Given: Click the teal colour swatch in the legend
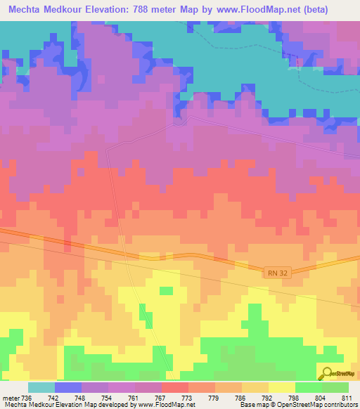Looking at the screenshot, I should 41,387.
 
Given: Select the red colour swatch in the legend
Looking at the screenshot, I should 174,387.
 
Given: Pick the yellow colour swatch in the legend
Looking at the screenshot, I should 281,387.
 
